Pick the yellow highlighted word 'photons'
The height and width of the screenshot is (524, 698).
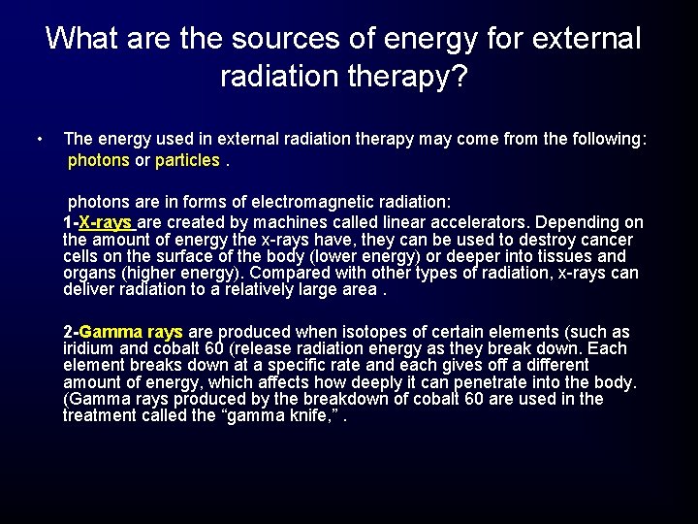point(98,160)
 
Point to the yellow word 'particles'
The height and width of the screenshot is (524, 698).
point(187,160)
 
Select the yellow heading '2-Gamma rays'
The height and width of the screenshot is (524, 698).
point(123,332)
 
